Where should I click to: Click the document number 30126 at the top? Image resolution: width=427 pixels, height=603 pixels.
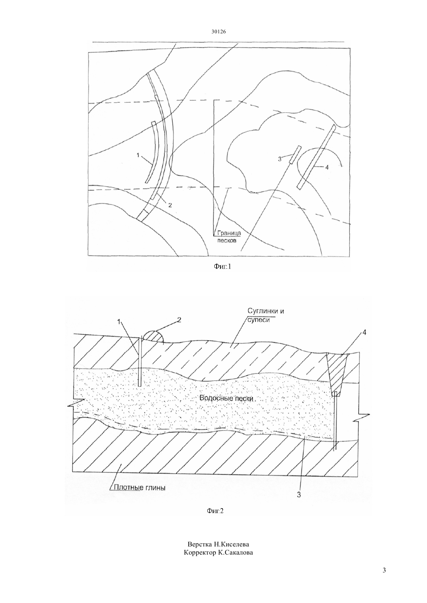[x=219, y=32]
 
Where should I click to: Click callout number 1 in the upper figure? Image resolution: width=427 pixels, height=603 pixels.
[x=138, y=155]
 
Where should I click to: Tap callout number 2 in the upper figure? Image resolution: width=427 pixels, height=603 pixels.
[x=170, y=205]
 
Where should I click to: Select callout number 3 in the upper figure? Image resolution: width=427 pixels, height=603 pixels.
[x=280, y=159]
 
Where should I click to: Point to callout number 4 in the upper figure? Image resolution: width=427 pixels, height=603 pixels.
[x=327, y=167]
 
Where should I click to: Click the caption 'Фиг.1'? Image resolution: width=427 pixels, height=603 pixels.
[x=222, y=267]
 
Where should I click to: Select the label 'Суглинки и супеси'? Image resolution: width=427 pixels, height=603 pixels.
[x=266, y=315]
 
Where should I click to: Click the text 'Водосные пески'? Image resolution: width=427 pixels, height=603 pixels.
[x=226, y=398]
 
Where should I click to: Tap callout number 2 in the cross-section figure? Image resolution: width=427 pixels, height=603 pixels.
[x=179, y=320]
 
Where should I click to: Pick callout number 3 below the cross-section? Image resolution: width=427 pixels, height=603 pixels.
[x=299, y=494]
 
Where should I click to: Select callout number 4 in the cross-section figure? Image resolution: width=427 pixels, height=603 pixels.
[x=364, y=333]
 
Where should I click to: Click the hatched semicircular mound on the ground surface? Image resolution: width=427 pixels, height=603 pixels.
[x=153, y=337]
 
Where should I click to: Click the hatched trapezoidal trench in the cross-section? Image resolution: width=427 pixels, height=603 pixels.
[x=337, y=375]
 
